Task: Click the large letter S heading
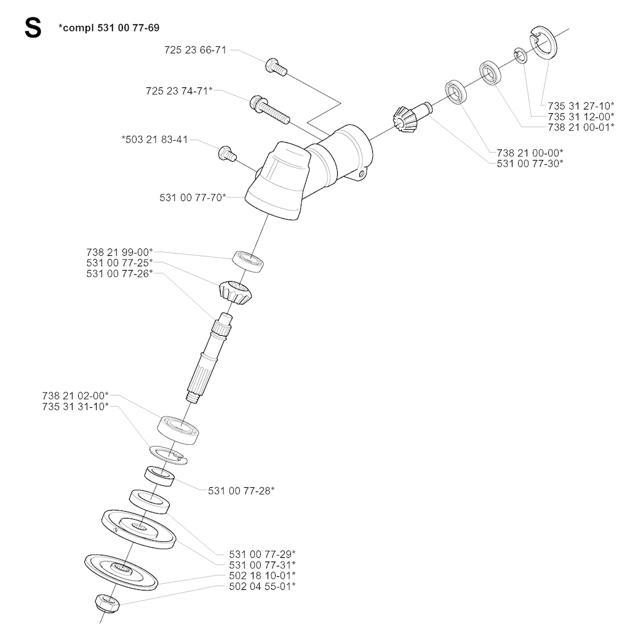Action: [32, 28]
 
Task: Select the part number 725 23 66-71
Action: [195, 50]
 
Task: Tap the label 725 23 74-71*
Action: [179, 90]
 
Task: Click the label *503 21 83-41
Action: [154, 139]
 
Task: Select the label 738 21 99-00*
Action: [119, 252]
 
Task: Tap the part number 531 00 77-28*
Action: [241, 490]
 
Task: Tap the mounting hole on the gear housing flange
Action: [361, 177]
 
